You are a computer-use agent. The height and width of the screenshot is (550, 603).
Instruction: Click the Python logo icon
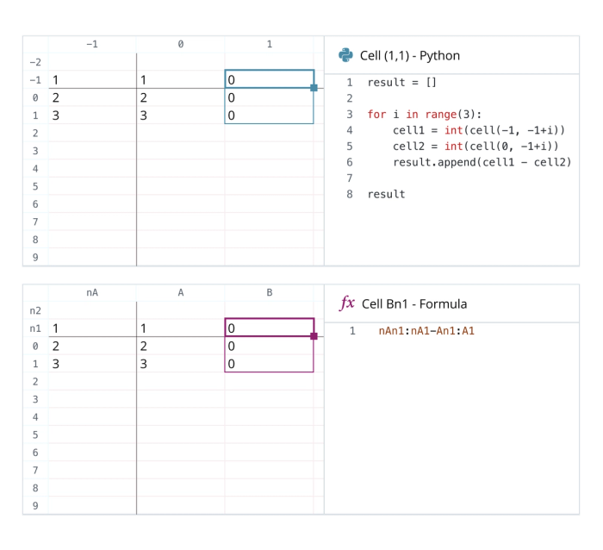pos(345,55)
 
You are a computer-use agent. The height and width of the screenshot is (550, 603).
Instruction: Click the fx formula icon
pos(347,303)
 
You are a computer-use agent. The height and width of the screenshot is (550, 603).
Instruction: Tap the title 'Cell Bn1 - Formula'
pos(413,303)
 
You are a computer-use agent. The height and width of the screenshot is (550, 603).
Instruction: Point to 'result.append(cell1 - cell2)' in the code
pos(482,162)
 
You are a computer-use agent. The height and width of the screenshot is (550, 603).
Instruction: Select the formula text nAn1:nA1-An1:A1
pos(426,330)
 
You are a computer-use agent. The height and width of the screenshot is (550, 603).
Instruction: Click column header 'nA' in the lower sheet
pos(92,293)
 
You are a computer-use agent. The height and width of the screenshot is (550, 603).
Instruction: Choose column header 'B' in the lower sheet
pos(269,293)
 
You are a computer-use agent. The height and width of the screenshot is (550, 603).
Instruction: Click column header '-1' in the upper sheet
pos(92,44)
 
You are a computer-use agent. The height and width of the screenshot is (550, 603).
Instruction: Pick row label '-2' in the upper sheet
pos(35,62)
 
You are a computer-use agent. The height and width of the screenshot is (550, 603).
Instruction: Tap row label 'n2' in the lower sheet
pos(35,310)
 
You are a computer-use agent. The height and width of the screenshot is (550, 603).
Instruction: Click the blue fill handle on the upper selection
pos(314,88)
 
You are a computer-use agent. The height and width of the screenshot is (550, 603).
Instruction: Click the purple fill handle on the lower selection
pos(314,336)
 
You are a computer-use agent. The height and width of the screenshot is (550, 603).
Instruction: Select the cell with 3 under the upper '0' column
pos(180,116)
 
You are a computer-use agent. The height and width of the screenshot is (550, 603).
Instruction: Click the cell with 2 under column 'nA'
pos(92,346)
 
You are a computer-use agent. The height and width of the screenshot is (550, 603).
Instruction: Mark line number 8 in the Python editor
pos(350,194)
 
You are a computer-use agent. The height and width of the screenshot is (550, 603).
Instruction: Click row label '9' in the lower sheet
pos(35,506)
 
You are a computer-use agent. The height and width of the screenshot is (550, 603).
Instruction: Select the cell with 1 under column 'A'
pos(180,328)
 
